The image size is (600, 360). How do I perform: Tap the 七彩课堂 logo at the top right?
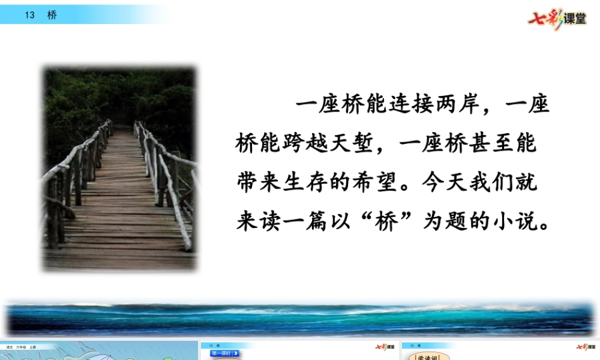pyautogui.click(x=557, y=18)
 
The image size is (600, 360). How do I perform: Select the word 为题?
pyautogui.click(x=447, y=222)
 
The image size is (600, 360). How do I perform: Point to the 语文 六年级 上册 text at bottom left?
pyautogui.click(x=21, y=347)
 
